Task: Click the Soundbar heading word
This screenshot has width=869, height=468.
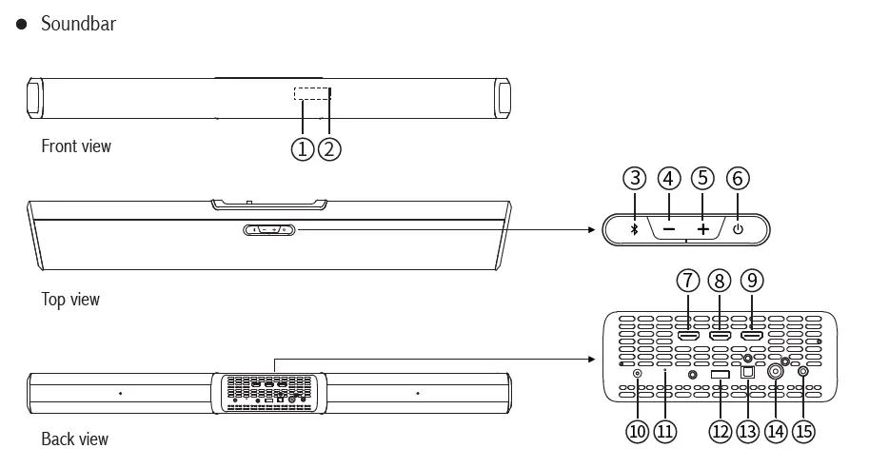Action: point(78,24)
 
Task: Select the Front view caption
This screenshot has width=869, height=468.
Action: point(76,146)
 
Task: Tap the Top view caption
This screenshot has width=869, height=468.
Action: point(70,300)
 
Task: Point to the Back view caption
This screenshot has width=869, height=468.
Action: point(75,439)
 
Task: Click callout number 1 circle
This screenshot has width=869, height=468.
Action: point(303,149)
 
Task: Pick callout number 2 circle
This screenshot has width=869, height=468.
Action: point(329,149)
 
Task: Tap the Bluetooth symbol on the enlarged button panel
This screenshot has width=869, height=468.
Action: point(635,230)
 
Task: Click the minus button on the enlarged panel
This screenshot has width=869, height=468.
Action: point(669,230)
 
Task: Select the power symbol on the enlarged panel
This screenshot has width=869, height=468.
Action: point(738,230)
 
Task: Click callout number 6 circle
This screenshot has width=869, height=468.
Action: point(738,178)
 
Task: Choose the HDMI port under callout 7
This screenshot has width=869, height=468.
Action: point(688,336)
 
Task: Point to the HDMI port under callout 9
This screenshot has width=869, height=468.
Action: point(752,336)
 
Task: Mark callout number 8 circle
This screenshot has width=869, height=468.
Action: point(720,281)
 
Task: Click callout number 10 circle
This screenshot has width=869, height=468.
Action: point(637,431)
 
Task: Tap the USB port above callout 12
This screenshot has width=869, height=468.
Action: point(720,374)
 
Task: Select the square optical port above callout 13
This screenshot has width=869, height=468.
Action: point(748,374)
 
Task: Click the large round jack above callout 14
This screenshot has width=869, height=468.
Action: point(776,373)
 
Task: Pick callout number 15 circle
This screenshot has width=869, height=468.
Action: point(804,431)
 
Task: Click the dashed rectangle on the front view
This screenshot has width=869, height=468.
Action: point(310,93)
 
